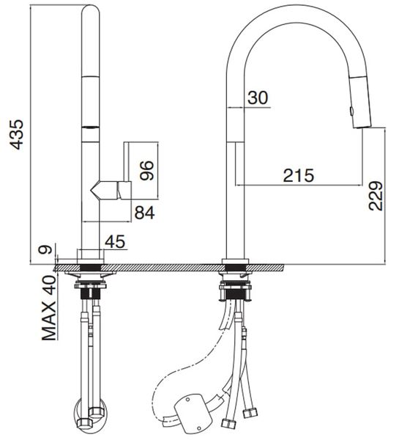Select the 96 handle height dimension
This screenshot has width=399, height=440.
tap(146, 170)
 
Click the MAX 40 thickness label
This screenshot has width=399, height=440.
tap(49, 308)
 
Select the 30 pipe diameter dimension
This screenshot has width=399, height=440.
tap(258, 97)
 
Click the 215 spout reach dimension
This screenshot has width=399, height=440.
tap(299, 175)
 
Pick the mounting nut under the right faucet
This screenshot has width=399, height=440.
tap(235, 276)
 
